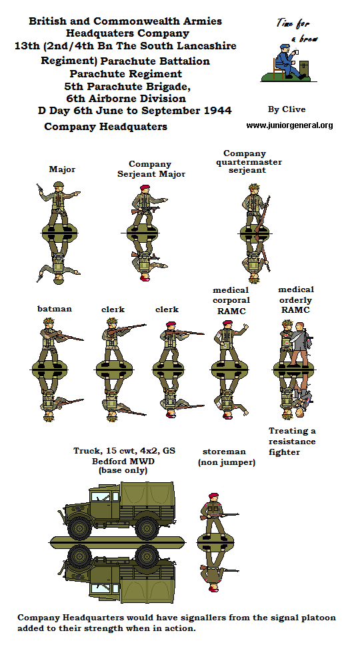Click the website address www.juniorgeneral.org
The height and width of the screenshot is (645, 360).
(x=289, y=125)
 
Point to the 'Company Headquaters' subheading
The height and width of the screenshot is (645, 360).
(x=105, y=126)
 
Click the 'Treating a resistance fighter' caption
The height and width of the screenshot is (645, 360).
(x=292, y=442)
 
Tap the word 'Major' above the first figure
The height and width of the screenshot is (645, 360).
(x=62, y=169)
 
